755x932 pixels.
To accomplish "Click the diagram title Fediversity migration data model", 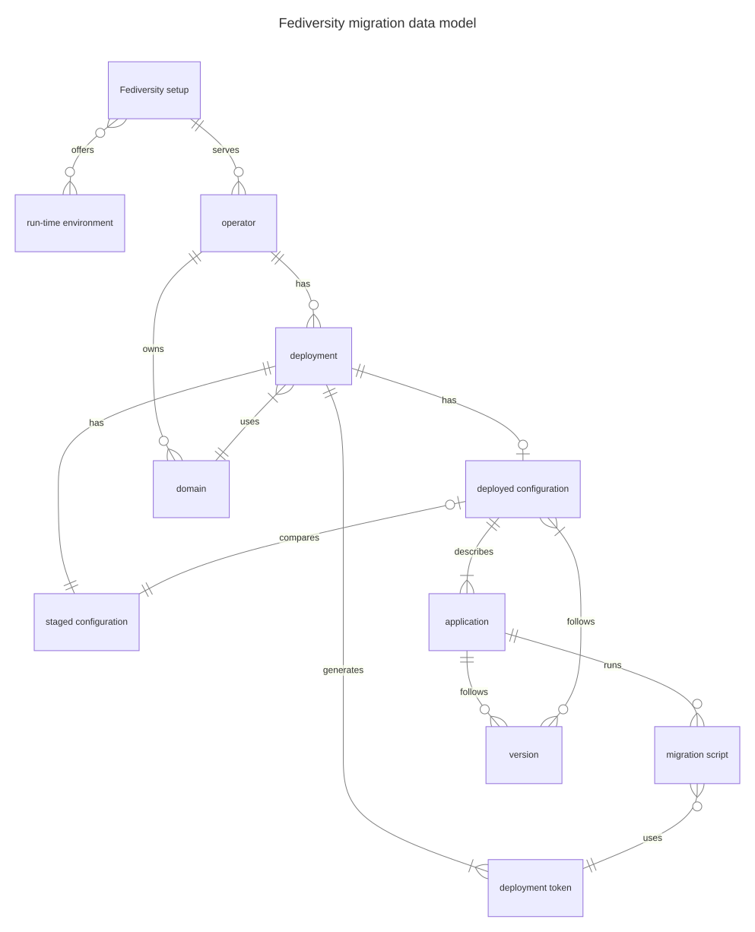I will pyautogui.click(x=377, y=24).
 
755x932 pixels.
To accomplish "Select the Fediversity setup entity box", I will pyautogui.click(x=154, y=90).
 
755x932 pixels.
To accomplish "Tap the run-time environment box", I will pyautogui.click(x=70, y=223).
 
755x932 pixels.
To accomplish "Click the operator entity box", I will pyautogui.click(x=239, y=223).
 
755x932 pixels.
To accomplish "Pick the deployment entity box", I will pyautogui.click(x=313, y=356).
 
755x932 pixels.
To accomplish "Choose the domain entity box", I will pyautogui.click(x=191, y=489).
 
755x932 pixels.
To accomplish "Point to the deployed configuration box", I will pyautogui.click(x=523, y=489).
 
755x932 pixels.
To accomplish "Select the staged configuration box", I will pyautogui.click(x=87, y=622).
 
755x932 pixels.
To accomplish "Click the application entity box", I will pyautogui.click(x=467, y=622).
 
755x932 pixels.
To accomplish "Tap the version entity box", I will pyautogui.click(x=524, y=755).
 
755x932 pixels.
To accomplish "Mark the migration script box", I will pyautogui.click(x=697, y=755).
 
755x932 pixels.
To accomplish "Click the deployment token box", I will pyautogui.click(x=535, y=888).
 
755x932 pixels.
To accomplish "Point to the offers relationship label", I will pyautogui.click(x=83, y=150).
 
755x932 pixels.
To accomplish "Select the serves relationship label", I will pyautogui.click(x=226, y=150).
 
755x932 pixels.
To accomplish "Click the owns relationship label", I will pyautogui.click(x=153, y=349).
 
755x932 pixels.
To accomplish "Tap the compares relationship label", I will pyautogui.click(x=299, y=537).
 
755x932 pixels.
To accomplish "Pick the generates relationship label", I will pyautogui.click(x=343, y=670).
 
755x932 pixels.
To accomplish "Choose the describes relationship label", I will pyautogui.click(x=474, y=551).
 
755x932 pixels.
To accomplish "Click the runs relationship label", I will pyautogui.click(x=612, y=665).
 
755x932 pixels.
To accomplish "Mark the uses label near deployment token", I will pyautogui.click(x=652, y=838).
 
